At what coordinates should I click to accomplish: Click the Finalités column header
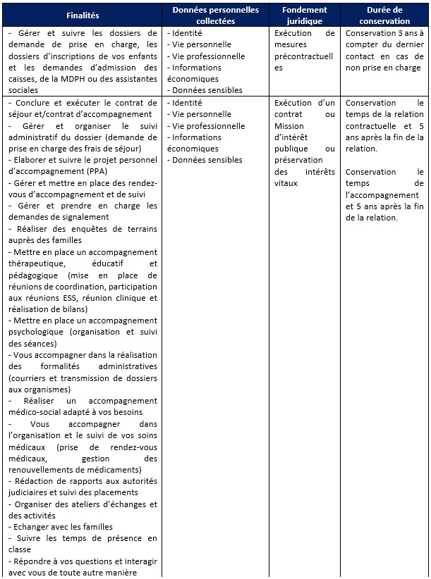click(x=83, y=15)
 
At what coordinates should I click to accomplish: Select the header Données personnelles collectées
click(x=216, y=15)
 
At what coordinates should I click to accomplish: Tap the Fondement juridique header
click(x=305, y=15)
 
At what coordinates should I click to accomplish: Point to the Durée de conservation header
click(x=384, y=15)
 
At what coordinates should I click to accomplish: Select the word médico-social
click(x=35, y=412)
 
